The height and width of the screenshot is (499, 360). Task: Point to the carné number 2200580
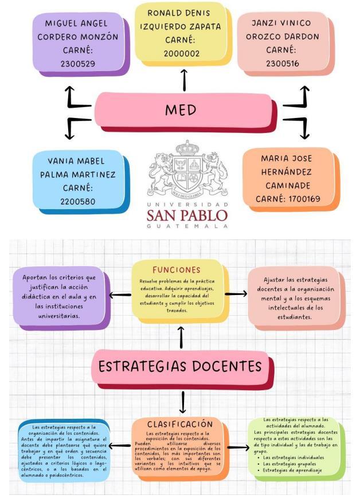[78, 201]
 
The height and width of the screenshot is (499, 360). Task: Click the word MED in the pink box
[181, 109]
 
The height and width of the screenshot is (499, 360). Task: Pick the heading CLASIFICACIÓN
[180, 425]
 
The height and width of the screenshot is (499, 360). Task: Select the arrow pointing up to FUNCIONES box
[181, 337]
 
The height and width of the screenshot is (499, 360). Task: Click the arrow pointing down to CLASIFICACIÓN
[183, 403]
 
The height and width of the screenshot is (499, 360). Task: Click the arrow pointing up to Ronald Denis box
[184, 80]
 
